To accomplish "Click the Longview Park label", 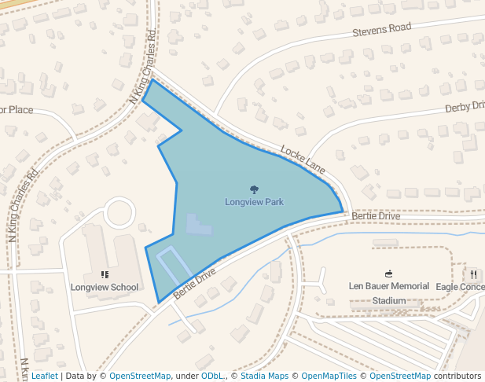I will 254,202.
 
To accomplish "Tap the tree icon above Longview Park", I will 254,189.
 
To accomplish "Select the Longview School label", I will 105,287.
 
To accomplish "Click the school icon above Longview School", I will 105,274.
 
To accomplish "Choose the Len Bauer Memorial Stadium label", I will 389,292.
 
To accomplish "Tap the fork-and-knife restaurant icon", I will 474,274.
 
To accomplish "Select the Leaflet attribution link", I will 44,376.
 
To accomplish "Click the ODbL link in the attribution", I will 211,376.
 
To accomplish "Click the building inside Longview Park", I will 198,226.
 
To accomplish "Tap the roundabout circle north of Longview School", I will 120,212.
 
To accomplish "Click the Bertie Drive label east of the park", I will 376,215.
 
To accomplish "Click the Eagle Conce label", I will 460,287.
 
